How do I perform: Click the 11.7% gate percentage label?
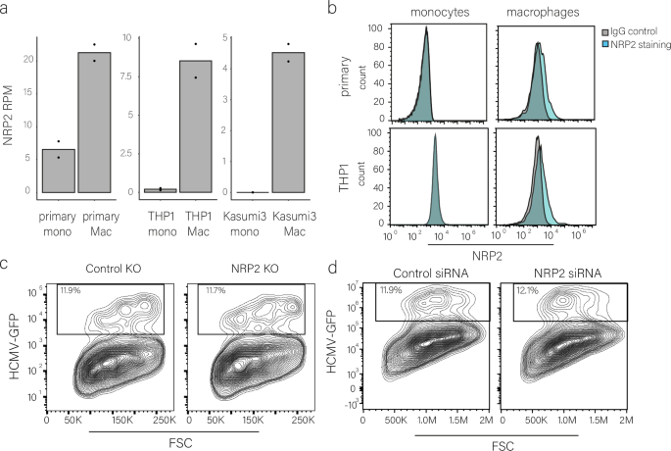[x=216, y=291]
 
